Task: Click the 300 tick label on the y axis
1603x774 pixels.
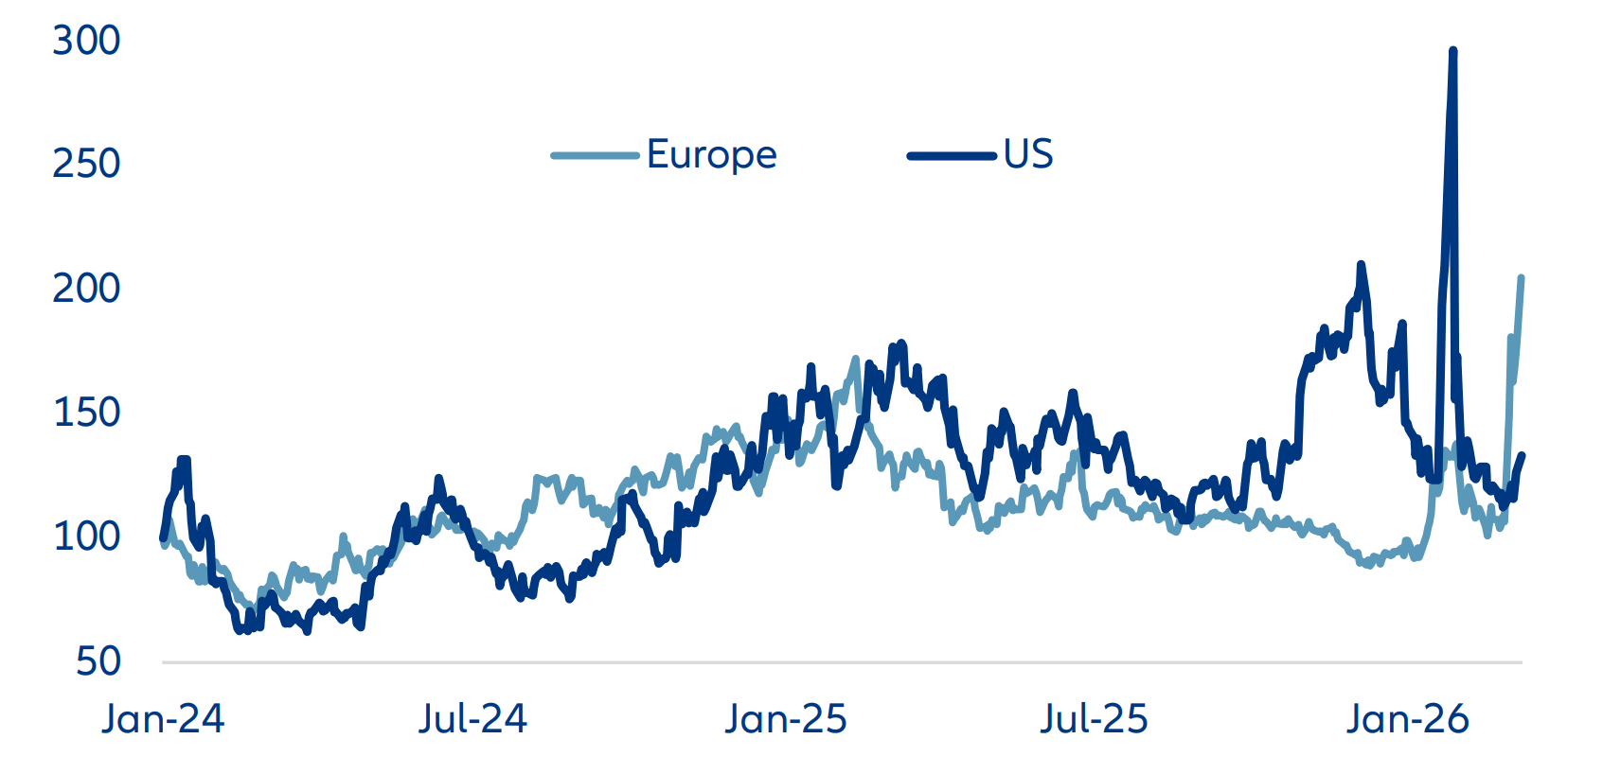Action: tap(86, 41)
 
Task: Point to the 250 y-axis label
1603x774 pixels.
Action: tap(86, 164)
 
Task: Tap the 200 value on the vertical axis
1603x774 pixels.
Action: tap(86, 288)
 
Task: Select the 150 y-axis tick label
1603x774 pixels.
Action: tap(86, 413)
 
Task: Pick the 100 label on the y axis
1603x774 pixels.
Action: tap(86, 537)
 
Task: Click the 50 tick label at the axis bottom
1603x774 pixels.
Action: tap(98, 661)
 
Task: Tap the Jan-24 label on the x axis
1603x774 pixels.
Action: tap(163, 719)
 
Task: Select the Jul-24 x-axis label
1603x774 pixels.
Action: tap(472, 719)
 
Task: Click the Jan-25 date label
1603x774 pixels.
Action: tap(786, 719)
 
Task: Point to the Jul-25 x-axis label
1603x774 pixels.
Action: tap(1094, 719)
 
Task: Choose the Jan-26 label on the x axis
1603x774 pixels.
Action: tap(1407, 719)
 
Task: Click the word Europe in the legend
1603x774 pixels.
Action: tap(711, 154)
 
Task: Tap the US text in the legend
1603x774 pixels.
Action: tap(1028, 154)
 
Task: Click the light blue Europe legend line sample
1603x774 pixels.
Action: tap(595, 155)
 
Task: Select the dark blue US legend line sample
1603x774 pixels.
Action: tap(952, 155)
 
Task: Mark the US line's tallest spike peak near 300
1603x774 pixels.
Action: tap(1452, 51)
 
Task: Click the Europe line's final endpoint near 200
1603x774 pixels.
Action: tap(1521, 278)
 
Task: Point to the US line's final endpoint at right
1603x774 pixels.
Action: tap(1522, 456)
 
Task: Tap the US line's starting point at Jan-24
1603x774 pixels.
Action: tap(164, 538)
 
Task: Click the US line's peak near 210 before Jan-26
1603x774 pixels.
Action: tap(1361, 265)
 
